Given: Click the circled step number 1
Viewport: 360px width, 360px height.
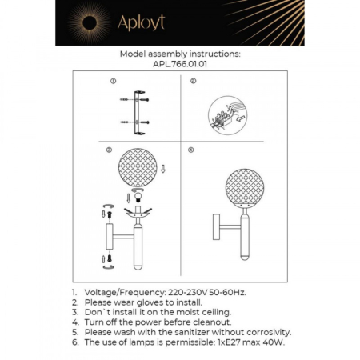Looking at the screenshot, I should [113, 82].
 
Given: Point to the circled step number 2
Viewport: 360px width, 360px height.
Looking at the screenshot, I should [193, 82].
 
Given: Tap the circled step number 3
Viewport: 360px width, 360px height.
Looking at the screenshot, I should [109, 150].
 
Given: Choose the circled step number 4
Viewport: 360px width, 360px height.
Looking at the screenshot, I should [191, 150].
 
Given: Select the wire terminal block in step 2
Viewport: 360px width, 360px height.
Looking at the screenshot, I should [223, 113].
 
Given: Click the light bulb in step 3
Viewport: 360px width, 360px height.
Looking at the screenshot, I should [135, 197].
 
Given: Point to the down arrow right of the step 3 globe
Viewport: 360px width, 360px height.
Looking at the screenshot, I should [164, 169].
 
